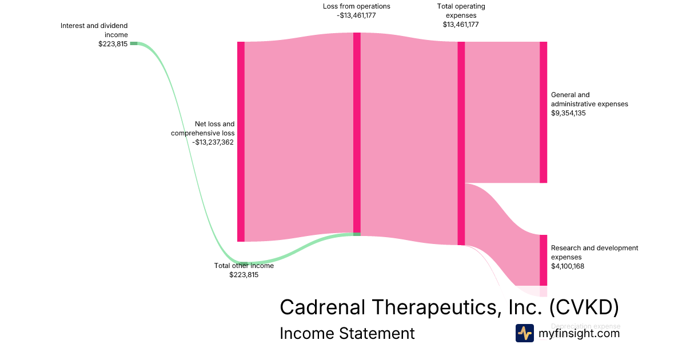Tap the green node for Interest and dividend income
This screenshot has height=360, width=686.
coord(133,43)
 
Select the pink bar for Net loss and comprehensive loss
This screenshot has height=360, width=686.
coord(241,141)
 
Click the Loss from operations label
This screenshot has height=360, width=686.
coord(356,6)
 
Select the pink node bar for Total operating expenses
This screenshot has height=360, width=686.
coord(461,143)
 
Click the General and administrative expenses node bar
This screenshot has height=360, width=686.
coord(543,112)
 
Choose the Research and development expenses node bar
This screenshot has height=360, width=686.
coord(543,260)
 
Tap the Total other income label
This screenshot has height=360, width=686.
coord(244,266)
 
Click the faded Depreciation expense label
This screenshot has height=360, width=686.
coord(585,326)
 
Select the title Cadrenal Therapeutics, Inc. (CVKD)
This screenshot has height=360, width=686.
coord(449,307)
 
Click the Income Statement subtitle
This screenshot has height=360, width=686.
coord(347,333)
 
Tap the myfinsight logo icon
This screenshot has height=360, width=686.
coord(524,333)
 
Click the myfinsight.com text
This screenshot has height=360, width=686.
coord(579,333)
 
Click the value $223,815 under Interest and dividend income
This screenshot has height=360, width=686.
coord(113,44)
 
